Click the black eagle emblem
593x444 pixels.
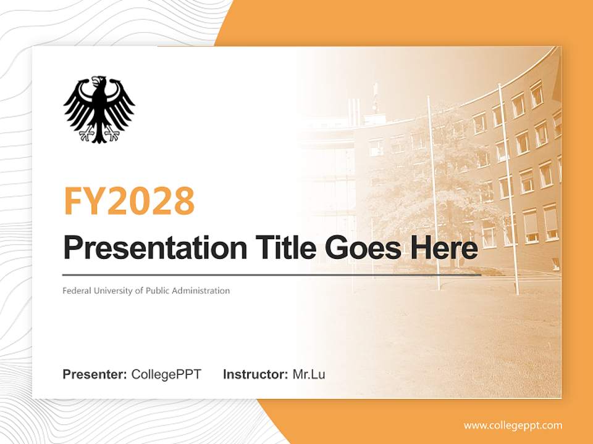[x=99, y=109]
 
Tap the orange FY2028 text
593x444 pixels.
[x=129, y=200]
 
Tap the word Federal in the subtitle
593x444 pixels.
[x=75, y=290]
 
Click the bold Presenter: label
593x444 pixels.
[x=95, y=374]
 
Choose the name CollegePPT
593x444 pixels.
[x=166, y=374]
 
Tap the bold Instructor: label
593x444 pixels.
[x=255, y=374]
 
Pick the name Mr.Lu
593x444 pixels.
[x=309, y=374]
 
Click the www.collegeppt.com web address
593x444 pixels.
[x=513, y=425]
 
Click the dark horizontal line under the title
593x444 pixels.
[x=272, y=274]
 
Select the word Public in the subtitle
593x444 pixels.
[x=156, y=290]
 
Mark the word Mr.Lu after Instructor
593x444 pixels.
[x=309, y=374]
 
